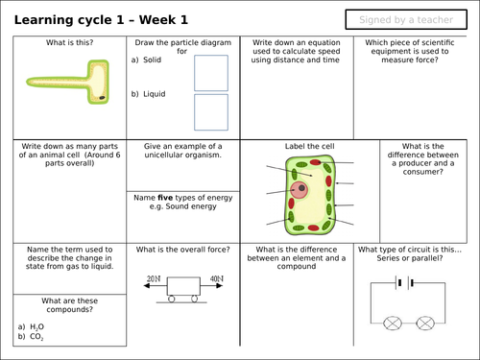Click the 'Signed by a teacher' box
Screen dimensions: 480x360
406,19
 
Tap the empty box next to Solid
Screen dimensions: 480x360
211,73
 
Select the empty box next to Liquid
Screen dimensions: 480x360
211,112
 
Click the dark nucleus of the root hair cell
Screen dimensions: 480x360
103,98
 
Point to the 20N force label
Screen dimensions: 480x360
154,278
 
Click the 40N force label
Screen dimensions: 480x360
217,278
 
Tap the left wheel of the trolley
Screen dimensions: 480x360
172,299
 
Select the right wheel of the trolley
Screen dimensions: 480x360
194,299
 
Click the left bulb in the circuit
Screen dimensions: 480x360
393,324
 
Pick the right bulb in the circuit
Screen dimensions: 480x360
425,324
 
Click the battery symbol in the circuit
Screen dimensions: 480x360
405,283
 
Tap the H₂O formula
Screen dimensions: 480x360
36,326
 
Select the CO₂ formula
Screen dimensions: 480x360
36,337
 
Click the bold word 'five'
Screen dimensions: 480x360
165,198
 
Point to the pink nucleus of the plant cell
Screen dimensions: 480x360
300,190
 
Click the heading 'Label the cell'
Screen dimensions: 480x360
310,146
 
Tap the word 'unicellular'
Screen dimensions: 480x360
163,155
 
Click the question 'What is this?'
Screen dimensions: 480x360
69,42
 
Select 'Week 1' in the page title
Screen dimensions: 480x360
163,20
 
